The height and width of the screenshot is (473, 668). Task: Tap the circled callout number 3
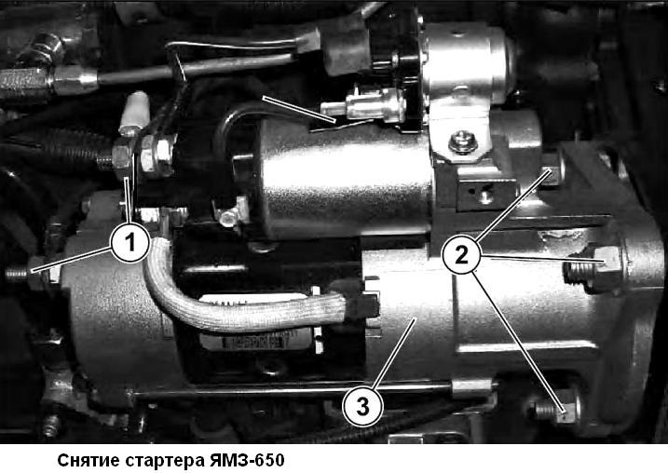pos(362,405)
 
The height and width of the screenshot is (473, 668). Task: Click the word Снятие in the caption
pos(87,460)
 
